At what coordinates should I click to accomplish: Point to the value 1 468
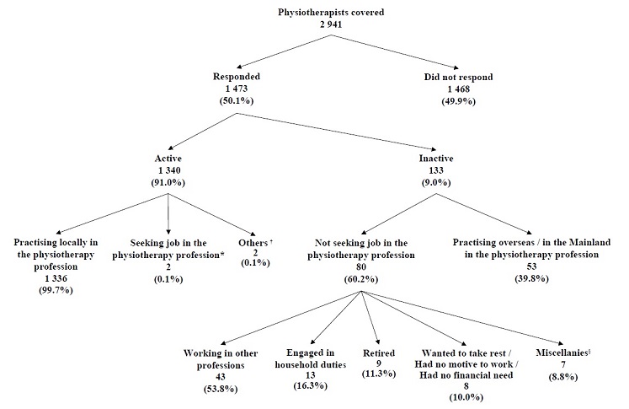(457, 89)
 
